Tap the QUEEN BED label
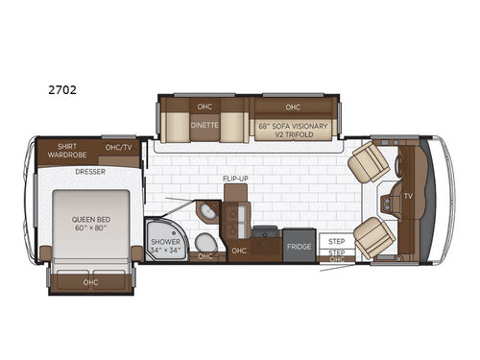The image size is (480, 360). pos(92,218)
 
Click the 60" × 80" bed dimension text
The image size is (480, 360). pos(92,228)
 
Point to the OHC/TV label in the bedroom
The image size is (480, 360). pos(118,148)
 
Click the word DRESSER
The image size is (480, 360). pos(91,173)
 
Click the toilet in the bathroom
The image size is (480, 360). pos(203,240)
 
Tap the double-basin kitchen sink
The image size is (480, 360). pos(236,215)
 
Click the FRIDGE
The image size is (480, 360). pos(299,247)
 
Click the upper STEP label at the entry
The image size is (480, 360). pos(336,241)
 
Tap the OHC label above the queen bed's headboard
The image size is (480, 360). pos(92,281)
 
